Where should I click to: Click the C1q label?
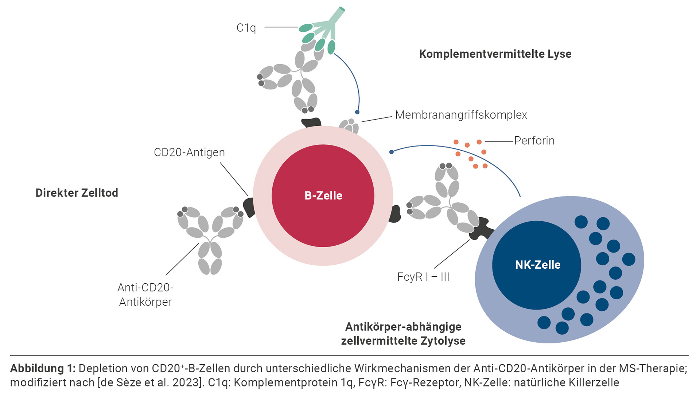tap(246, 28)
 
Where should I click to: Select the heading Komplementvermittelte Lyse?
tap(495, 54)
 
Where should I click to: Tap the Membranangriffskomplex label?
tap(461, 115)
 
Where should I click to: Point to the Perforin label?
tap(534, 141)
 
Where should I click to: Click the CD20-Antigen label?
tap(189, 152)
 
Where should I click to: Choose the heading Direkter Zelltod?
tap(77, 193)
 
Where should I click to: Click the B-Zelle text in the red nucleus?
tap(323, 196)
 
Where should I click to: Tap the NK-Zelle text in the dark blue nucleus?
tap(537, 265)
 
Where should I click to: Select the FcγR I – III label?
tap(423, 277)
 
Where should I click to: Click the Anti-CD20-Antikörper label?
tap(145, 295)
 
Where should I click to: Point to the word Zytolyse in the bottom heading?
tap(443, 341)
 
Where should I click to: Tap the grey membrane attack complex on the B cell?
tap(349, 127)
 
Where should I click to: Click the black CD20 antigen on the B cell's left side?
tap(249, 207)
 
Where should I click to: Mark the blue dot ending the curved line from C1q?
tap(357, 112)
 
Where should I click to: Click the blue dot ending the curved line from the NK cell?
tap(391, 152)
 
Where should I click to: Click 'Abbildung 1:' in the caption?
tap(43, 369)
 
